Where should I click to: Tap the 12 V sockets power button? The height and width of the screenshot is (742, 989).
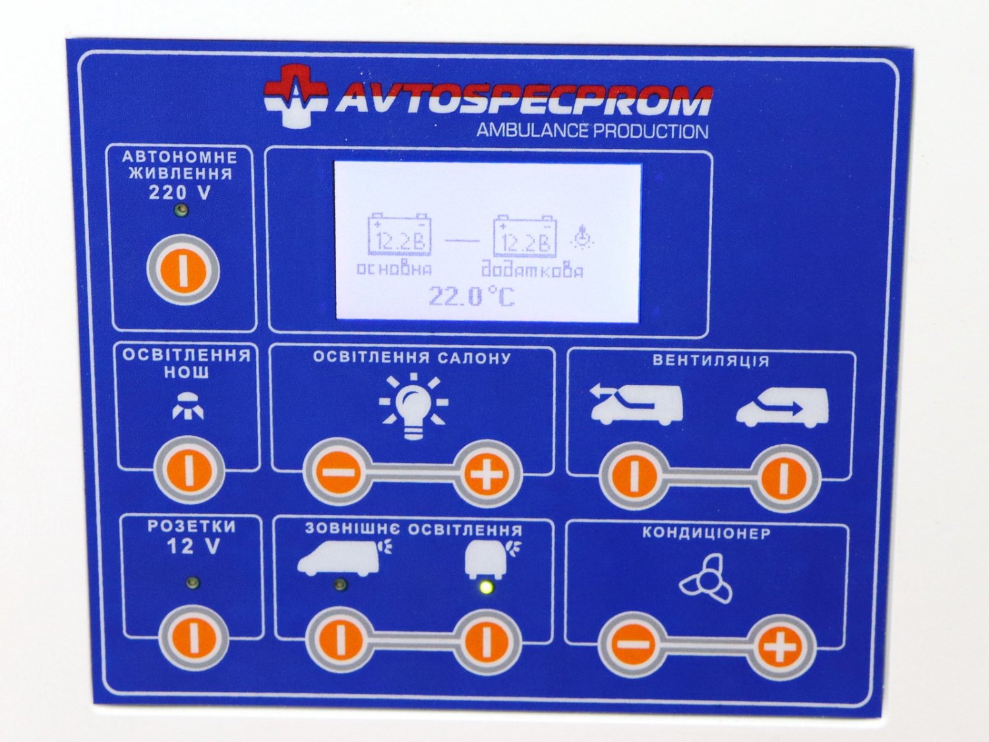click(194, 638)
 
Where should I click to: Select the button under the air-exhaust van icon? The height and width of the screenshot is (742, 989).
click(634, 476)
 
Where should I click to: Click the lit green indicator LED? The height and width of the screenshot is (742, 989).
click(486, 587)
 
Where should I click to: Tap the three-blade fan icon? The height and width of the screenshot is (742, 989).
click(705, 580)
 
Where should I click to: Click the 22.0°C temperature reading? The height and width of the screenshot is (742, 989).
click(471, 297)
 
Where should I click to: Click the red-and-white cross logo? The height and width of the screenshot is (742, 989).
click(295, 95)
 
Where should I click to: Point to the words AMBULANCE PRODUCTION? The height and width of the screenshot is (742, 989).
click(592, 131)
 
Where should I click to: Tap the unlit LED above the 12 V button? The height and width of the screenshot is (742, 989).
click(193, 583)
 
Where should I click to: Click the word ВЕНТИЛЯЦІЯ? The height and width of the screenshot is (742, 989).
click(711, 361)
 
